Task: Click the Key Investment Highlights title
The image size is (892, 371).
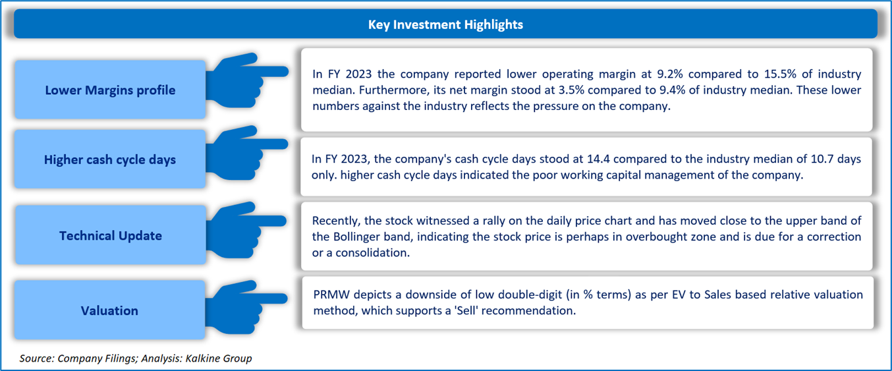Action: (445, 24)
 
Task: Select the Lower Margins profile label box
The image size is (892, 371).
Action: (110, 90)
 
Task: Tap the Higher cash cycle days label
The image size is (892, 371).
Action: (110, 159)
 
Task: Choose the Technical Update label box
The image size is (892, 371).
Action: (110, 235)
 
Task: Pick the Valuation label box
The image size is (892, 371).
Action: (109, 310)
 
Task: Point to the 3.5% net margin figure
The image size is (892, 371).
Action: (571, 90)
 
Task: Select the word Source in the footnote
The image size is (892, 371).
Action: (36, 358)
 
